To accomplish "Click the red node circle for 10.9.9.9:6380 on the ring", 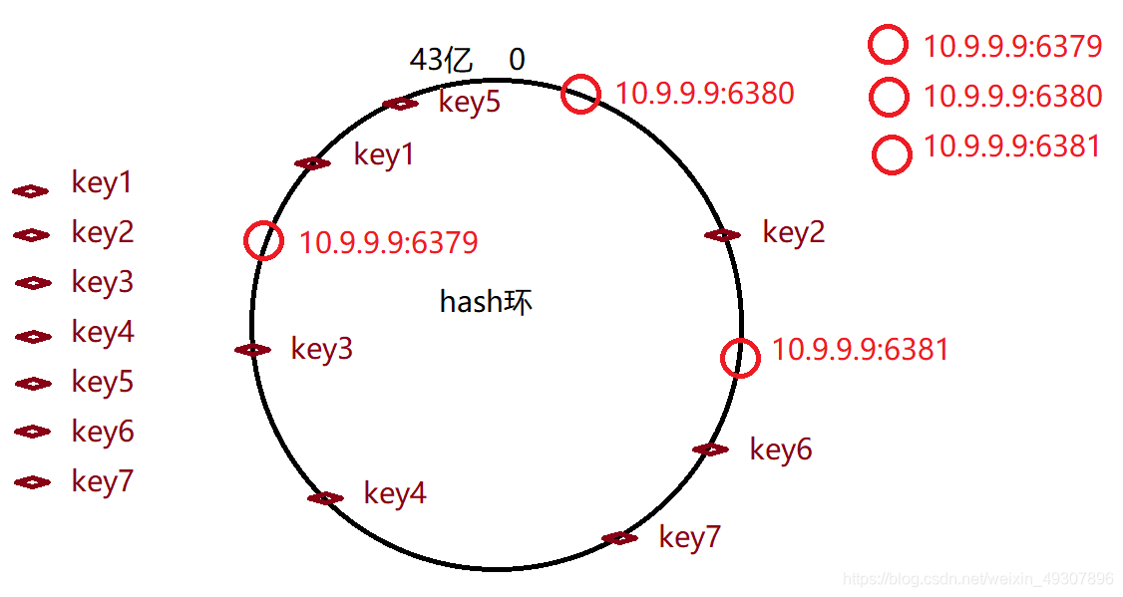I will (x=580, y=95).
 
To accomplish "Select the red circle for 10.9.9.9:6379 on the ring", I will (x=264, y=241).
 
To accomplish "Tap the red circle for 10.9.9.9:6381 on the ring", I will (x=740, y=359).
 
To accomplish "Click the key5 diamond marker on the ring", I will (x=401, y=104).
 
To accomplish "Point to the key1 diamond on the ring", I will (x=312, y=163).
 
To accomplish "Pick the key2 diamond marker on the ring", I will (x=722, y=235).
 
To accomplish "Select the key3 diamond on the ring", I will (x=252, y=350).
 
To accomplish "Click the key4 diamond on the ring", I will (x=325, y=498).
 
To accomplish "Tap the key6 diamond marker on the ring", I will (x=710, y=449).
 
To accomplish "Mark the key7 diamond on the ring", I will (x=619, y=538).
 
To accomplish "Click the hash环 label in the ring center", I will (x=486, y=302).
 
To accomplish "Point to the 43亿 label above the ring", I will (x=441, y=60).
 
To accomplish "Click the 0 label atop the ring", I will (x=517, y=60).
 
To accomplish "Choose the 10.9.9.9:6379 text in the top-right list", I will (x=1012, y=47).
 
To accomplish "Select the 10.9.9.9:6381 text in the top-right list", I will (x=1012, y=147).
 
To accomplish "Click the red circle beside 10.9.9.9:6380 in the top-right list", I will (x=889, y=97).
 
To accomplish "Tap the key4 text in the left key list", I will (x=102, y=332).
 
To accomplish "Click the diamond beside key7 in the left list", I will (x=33, y=482).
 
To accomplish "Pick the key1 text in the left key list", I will (x=102, y=182).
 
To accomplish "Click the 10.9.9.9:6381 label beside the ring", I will (x=860, y=350).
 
